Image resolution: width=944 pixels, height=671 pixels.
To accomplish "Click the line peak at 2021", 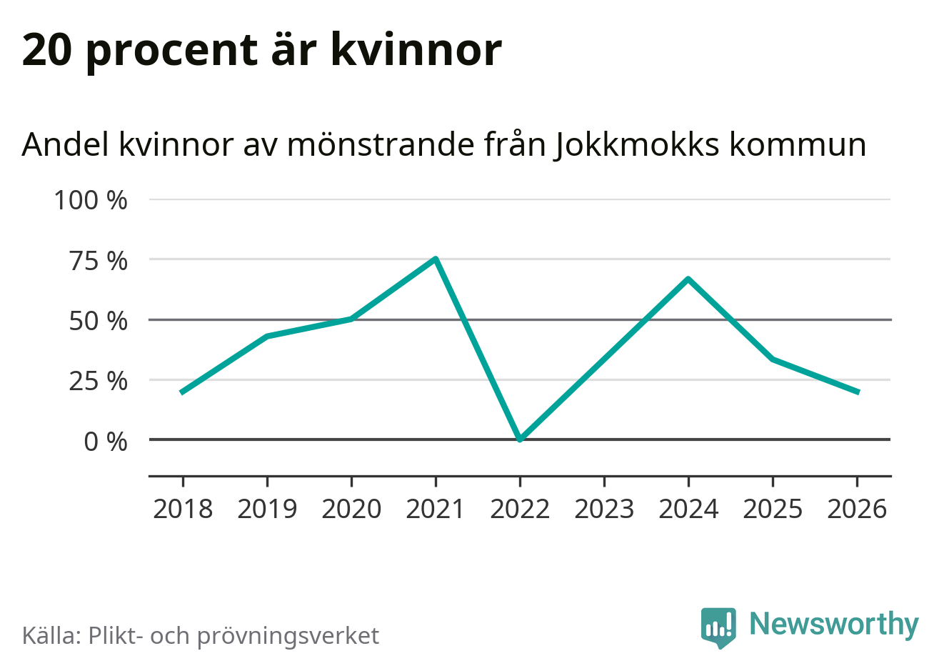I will (x=436, y=259).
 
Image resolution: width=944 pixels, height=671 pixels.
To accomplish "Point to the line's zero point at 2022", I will (x=520, y=439).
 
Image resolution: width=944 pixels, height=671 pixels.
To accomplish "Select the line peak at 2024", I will (x=688, y=279).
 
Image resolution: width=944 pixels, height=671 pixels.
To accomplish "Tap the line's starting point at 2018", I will (x=182, y=392).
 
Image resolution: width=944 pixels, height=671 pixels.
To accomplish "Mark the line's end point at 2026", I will (x=857, y=392).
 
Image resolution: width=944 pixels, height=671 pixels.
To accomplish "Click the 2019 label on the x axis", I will (x=267, y=510).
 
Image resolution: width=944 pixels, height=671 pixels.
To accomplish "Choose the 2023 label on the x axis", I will (x=604, y=510).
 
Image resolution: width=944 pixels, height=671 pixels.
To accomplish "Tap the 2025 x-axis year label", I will (x=773, y=510).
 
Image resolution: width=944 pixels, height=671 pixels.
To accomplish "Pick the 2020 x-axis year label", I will (x=351, y=510).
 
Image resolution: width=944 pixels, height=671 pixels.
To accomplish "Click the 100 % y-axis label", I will (x=91, y=201).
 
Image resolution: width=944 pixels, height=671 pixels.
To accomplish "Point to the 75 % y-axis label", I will (x=99, y=261).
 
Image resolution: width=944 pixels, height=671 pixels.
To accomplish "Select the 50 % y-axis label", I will (x=99, y=321).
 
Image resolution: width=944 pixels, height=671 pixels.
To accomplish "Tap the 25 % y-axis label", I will (x=99, y=381).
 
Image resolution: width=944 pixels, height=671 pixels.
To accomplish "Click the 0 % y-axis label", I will (x=106, y=442).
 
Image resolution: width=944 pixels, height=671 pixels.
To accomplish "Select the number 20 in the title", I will (x=48, y=50).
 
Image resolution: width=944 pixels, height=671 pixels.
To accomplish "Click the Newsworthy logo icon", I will (x=718, y=627).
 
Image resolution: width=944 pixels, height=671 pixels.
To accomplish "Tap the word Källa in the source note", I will (x=50, y=635).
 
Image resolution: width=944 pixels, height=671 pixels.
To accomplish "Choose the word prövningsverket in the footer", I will (x=288, y=636).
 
